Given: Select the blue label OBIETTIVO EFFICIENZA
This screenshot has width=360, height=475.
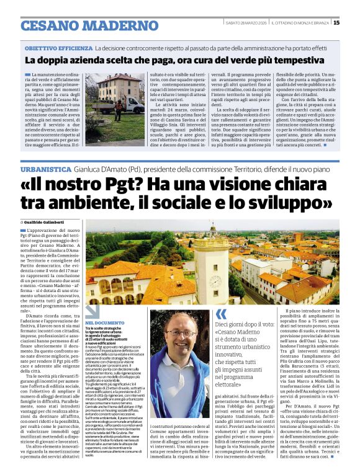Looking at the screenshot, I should point(58,48).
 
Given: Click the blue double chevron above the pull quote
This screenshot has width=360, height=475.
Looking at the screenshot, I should point(221,314).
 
